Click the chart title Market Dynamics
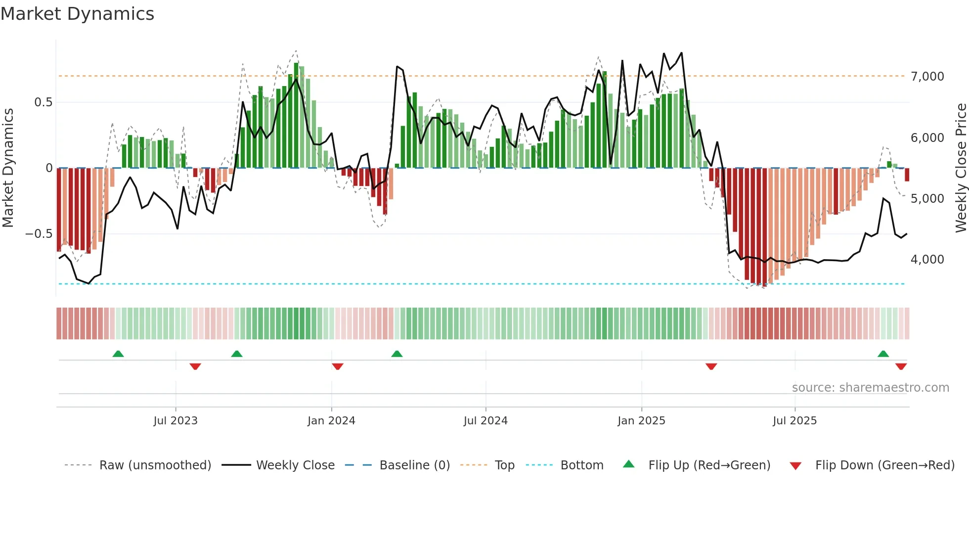pos(77,14)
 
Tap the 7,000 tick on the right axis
pos(927,77)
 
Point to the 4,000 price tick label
pos(927,260)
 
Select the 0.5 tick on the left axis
pos(43,102)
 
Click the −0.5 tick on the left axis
pos(39,234)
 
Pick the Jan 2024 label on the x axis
pos(331,421)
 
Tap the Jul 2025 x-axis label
pos(794,421)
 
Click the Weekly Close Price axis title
pos(961,168)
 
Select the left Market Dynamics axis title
pos(8,168)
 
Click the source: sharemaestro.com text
pos(870,388)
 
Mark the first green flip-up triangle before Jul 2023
pos(118,354)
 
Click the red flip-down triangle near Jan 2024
pos(338,366)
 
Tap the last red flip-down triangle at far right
pos(901,366)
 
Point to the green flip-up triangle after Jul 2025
pos(883,354)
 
